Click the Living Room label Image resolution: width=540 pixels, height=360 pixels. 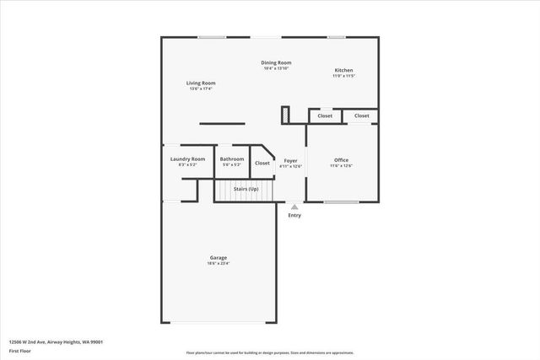coord(202,83)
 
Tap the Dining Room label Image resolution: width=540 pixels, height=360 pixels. coord(276,62)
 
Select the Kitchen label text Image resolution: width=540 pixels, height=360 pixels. coord(343,70)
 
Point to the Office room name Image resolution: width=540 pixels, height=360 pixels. coord(341,159)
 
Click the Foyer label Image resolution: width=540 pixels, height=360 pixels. coord(290,159)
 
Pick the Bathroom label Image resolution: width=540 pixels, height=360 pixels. coord(232,159)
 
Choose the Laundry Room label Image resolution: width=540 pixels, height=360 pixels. coord(187,159)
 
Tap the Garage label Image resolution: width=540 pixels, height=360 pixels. coord(219,257)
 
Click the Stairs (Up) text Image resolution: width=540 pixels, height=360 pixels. coord(246,189)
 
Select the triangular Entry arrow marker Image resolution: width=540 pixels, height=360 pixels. coord(294,206)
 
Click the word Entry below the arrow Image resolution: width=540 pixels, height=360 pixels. coord(294,215)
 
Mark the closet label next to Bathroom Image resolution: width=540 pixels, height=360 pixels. coord(262,163)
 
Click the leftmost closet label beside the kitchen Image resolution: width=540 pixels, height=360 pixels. coord(325,116)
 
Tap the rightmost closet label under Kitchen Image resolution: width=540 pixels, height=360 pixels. coord(361,116)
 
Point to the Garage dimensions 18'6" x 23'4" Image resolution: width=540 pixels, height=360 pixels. coord(219,264)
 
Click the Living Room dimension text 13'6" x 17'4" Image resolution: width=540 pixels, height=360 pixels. coord(202,89)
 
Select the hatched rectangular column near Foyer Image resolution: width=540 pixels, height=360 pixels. coord(286,114)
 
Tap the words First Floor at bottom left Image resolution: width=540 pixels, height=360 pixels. coord(19,351)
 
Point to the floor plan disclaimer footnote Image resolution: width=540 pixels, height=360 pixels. coord(269,352)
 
